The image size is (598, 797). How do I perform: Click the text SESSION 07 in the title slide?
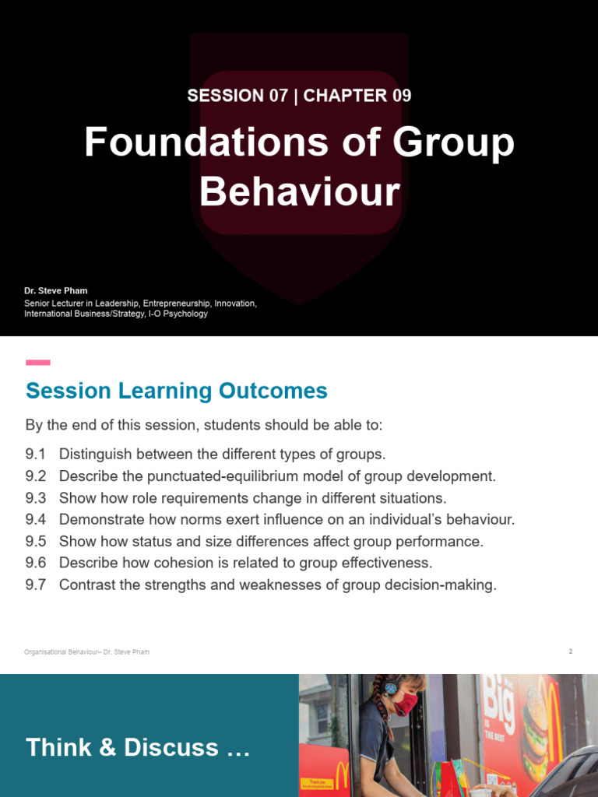tap(225, 96)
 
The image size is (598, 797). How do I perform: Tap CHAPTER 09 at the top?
tap(357, 96)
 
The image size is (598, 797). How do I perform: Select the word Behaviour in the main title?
tap(300, 192)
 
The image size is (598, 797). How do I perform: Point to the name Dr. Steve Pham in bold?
tap(56, 290)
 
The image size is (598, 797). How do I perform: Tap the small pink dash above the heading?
tap(38, 363)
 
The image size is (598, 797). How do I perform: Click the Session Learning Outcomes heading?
tap(177, 391)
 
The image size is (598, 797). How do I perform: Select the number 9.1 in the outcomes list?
tap(36, 455)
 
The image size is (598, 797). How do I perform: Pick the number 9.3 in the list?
tap(36, 498)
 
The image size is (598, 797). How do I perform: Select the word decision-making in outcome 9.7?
tap(441, 585)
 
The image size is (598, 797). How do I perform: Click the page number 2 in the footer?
tap(570, 651)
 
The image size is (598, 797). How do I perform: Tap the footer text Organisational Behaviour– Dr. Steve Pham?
tap(86, 652)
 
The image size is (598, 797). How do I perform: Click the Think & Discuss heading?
tap(138, 748)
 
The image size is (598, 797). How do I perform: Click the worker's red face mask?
tap(404, 704)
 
